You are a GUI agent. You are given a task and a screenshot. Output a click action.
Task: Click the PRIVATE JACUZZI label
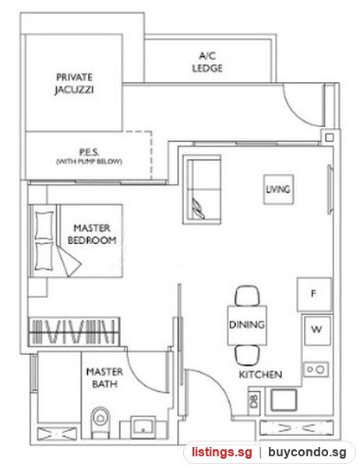(x=74, y=83)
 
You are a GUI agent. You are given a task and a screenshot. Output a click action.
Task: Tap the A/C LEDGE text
(x=207, y=62)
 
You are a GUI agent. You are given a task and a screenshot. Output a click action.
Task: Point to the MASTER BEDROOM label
(x=92, y=234)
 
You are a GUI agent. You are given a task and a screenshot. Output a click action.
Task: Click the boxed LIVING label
(x=278, y=190)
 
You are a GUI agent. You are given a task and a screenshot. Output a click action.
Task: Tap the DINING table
(x=247, y=325)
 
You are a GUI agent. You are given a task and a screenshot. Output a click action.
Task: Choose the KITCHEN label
(x=260, y=374)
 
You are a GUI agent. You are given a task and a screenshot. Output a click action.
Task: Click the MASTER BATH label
(x=104, y=378)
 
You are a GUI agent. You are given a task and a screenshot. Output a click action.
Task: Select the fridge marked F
(x=314, y=294)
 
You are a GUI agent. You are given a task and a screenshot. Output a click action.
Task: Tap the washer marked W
(x=316, y=330)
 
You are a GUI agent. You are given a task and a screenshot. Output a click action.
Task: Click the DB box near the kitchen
(x=254, y=401)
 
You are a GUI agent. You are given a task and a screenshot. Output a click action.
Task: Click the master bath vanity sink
(x=143, y=427)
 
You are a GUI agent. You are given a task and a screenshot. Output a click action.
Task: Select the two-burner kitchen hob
(x=316, y=370)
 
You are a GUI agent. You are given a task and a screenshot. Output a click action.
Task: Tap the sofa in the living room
(x=202, y=190)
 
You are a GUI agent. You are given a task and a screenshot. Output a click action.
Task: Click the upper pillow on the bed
(x=44, y=225)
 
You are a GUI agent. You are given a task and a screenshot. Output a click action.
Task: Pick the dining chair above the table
(x=247, y=296)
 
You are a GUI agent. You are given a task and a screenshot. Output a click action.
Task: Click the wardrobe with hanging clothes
(x=74, y=332)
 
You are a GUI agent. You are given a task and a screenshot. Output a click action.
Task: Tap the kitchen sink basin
(x=284, y=400)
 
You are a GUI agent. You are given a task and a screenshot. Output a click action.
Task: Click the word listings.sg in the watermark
(x=221, y=452)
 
